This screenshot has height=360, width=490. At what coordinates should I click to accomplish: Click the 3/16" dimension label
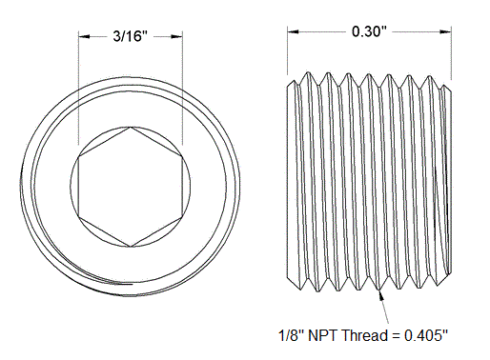[130, 36]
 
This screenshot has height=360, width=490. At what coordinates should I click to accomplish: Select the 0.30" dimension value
[368, 30]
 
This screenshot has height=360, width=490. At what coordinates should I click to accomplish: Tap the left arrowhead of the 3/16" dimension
[82, 36]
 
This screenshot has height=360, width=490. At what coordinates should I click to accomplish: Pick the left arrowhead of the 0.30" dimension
[292, 30]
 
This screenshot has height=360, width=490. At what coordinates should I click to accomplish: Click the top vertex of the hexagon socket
[129, 126]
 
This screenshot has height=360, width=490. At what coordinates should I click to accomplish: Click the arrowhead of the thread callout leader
[380, 292]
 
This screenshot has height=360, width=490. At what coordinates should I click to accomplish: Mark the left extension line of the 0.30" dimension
[287, 52]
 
